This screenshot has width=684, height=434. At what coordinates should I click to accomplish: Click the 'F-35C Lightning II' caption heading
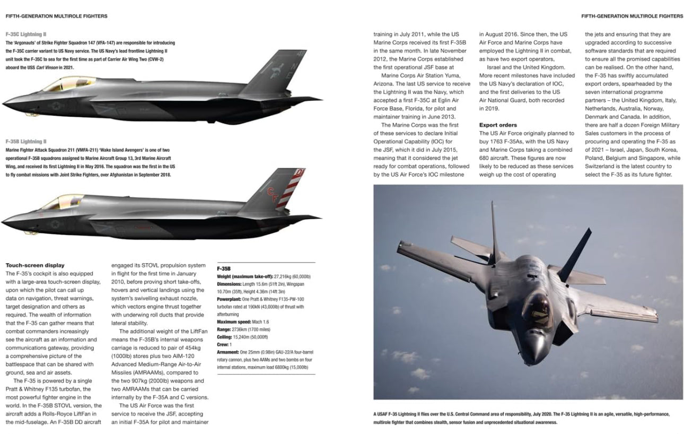tap(25, 34)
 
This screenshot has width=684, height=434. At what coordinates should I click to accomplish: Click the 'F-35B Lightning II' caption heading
tap(25, 142)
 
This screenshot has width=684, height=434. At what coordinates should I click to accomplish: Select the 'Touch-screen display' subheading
tap(34, 265)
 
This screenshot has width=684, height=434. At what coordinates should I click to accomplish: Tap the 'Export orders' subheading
tap(498, 125)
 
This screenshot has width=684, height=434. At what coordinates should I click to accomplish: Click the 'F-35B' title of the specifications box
tap(224, 269)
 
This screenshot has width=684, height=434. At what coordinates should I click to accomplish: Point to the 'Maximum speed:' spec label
tap(234, 322)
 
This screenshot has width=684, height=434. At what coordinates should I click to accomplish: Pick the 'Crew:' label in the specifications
tap(223, 344)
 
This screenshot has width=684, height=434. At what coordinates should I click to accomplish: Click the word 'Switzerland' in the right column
tap(601, 166)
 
